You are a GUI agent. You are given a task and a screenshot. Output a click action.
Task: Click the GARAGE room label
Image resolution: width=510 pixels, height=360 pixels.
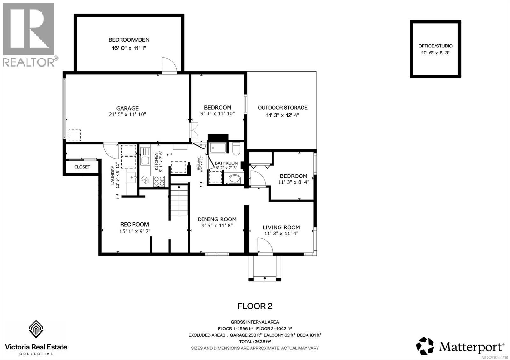[x=127, y=108]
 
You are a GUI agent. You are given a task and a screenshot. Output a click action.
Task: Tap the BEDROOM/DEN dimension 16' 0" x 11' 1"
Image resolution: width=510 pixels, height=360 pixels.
[x=129, y=48]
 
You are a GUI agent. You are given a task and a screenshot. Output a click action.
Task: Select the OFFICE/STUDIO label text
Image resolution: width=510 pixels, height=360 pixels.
[x=435, y=46]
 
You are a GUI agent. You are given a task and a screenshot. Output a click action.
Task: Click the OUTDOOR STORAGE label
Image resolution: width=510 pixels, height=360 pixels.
[x=282, y=108]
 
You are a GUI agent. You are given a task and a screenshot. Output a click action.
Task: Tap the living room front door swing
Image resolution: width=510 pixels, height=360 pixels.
[x=265, y=247]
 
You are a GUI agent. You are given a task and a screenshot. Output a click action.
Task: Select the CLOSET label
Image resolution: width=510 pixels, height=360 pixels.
[x=82, y=167]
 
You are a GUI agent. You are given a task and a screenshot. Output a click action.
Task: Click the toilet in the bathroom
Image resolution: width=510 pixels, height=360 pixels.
[x=236, y=149]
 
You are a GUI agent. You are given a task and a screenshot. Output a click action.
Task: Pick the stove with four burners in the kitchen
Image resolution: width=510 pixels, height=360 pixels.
[x=159, y=181]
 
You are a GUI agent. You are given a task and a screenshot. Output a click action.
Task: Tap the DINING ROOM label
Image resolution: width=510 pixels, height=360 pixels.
[x=217, y=219]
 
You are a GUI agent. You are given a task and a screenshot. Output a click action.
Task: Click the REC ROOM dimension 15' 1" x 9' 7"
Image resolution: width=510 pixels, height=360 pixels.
[x=135, y=231]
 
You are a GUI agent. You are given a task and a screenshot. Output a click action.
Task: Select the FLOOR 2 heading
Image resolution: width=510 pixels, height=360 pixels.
[x=255, y=306]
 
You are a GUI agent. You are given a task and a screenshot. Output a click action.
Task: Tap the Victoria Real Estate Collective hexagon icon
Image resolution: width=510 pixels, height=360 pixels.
[x=36, y=329]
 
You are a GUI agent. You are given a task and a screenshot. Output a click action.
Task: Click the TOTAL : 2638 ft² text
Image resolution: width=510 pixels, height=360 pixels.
[x=255, y=342]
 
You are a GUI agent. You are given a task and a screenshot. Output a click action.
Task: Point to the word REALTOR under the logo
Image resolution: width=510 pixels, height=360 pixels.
[x=29, y=62]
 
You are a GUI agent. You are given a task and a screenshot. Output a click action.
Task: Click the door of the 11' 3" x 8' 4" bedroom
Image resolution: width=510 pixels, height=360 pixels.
[x=257, y=179]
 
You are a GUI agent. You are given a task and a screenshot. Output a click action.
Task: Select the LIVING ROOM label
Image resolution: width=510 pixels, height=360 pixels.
[x=281, y=227]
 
